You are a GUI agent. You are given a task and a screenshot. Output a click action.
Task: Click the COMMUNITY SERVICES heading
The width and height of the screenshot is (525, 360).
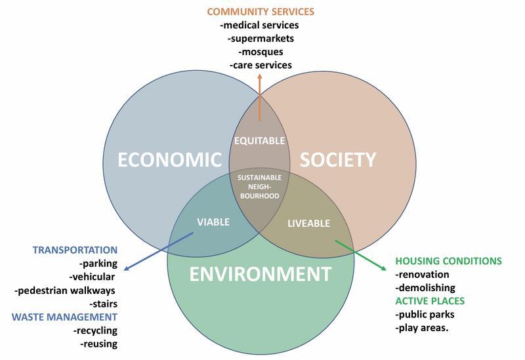[261, 11]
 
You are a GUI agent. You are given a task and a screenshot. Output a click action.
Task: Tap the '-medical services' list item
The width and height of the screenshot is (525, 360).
[260, 25]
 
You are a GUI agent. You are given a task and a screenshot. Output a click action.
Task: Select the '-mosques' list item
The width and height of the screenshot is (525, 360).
[260, 52]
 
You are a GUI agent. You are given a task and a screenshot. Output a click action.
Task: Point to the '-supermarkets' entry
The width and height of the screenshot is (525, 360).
[261, 39]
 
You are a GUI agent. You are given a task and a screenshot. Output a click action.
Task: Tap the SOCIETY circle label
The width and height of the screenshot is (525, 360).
[338, 159]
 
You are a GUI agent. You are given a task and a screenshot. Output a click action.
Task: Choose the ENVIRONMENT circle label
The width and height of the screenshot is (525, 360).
[260, 273]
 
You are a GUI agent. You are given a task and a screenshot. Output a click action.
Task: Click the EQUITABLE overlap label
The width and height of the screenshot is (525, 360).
[260, 140]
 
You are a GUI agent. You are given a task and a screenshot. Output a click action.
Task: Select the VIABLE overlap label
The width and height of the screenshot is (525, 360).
[213, 222]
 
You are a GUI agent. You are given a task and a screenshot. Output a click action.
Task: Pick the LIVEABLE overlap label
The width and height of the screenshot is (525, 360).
[308, 223]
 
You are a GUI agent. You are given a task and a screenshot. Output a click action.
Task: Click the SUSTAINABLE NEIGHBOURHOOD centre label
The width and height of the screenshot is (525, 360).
[259, 186]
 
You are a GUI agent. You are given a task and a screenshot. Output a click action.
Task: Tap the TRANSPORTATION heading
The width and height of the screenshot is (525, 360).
[75, 250]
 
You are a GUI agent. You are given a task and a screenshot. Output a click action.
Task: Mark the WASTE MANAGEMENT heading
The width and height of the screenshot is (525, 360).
[64, 317]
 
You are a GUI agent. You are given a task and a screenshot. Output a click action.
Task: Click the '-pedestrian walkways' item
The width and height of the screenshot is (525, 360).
[65, 290]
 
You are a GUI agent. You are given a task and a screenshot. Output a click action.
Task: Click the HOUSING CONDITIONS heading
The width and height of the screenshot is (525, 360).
[448, 261]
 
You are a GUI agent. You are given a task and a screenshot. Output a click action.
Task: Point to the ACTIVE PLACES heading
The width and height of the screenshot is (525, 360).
[430, 301]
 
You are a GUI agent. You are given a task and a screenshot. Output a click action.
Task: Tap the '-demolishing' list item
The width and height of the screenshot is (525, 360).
[425, 287]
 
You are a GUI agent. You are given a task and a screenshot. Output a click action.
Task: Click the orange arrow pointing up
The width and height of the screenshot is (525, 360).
[260, 98]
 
